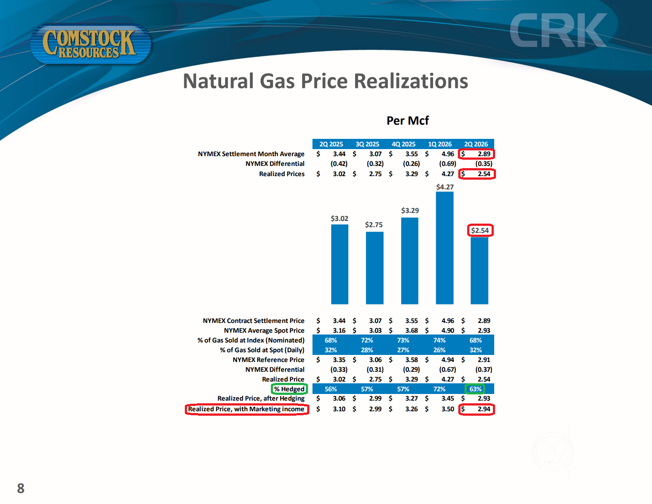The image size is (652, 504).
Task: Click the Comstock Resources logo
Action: [91, 44]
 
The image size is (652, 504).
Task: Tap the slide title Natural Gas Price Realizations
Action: [325, 81]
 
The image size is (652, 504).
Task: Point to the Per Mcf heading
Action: [407, 121]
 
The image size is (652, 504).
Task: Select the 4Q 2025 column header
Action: [403, 144]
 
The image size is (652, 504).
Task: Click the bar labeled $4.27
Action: [445, 248]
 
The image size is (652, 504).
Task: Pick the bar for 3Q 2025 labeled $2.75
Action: [375, 268]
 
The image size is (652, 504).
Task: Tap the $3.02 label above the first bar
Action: [340, 218]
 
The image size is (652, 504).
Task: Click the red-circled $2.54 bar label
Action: [480, 230]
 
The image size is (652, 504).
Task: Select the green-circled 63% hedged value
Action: [476, 389]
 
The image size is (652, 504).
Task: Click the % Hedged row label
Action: [289, 389]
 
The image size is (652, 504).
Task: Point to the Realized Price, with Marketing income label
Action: [246, 409]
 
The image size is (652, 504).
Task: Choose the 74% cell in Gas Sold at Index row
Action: [439, 340]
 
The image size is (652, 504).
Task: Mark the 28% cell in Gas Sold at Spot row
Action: [367, 350]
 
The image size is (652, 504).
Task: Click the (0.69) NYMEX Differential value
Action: [448, 164]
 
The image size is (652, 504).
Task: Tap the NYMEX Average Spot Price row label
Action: [264, 331]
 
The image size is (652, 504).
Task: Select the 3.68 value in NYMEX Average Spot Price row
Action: [412, 331]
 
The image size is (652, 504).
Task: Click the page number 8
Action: [21, 488]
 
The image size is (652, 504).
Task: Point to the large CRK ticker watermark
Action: [558, 30]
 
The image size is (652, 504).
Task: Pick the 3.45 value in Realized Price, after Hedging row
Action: [448, 398]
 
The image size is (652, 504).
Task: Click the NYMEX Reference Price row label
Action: [269, 360]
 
